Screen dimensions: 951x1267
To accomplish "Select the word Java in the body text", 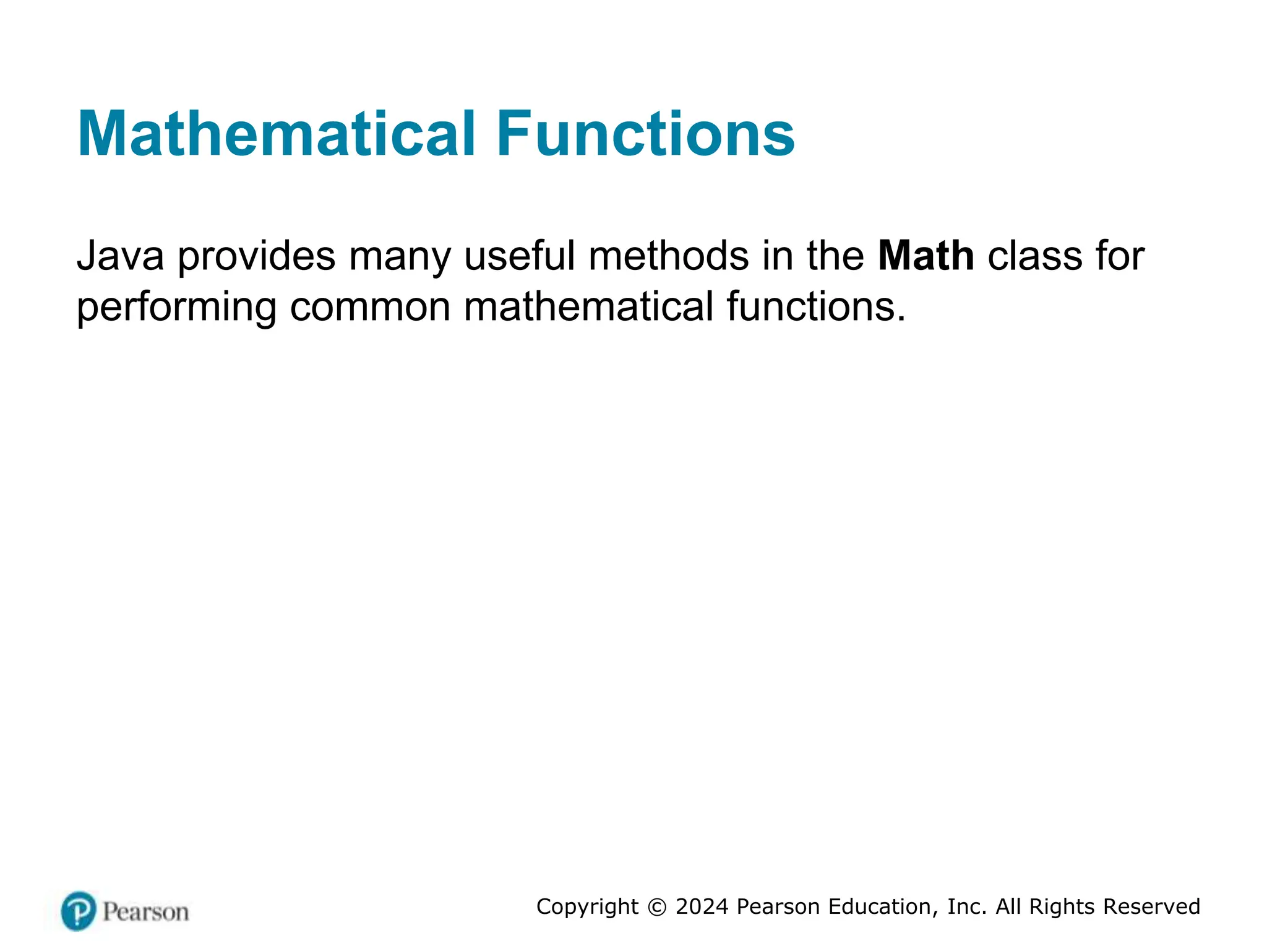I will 121,256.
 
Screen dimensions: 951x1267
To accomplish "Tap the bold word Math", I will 926,256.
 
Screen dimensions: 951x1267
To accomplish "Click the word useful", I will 519,256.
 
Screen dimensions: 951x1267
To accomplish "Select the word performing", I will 176,308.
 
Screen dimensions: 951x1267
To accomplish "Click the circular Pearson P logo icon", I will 79,911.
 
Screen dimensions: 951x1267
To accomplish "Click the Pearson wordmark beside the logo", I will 145,912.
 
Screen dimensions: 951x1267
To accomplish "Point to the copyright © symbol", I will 657,907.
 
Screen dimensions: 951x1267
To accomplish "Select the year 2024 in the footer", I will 702,906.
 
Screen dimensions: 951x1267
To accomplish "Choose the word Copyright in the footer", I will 587,907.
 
